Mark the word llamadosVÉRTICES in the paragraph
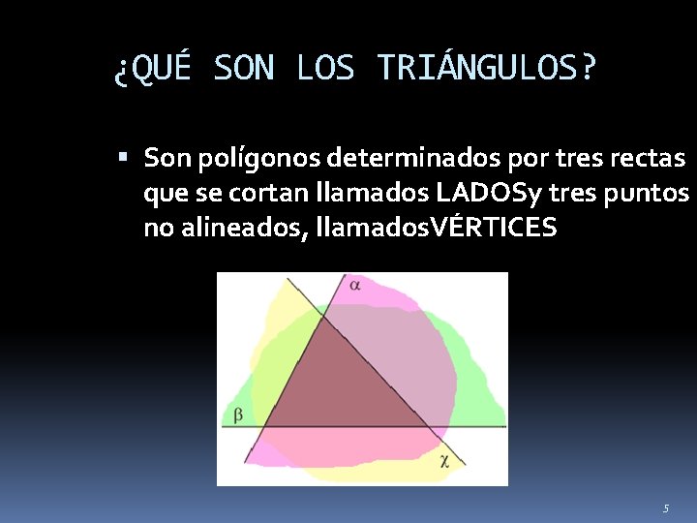point(430,229)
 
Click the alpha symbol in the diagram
point(355,286)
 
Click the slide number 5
point(666,508)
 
